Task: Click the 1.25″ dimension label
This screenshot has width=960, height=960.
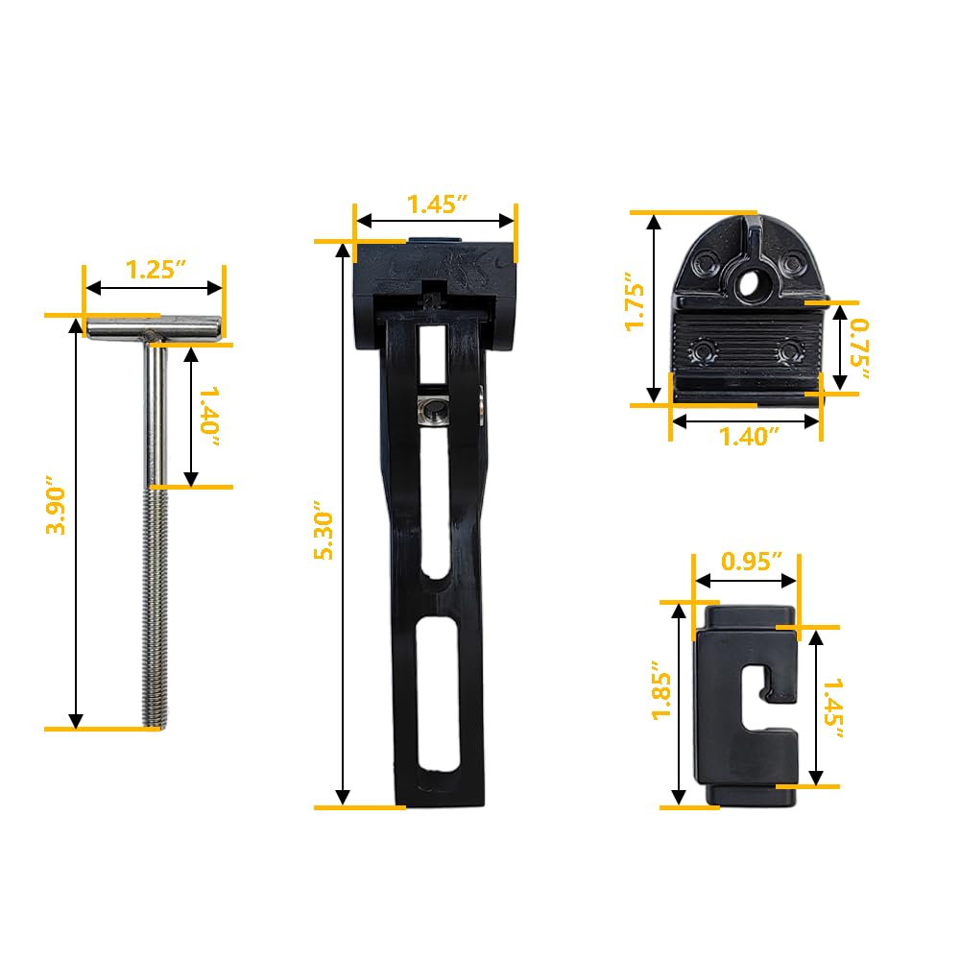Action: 156,270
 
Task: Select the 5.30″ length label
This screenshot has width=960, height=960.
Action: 324,530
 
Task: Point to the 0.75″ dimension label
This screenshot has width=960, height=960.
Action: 859,348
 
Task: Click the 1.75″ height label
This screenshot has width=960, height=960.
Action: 635,307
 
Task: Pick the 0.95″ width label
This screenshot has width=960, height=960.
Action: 752,561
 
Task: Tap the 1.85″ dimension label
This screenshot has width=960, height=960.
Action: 661,689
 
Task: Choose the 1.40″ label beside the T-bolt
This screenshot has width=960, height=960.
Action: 210,417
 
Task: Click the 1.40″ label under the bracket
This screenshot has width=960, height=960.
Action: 749,437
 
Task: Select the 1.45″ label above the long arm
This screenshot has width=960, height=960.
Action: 437,204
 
